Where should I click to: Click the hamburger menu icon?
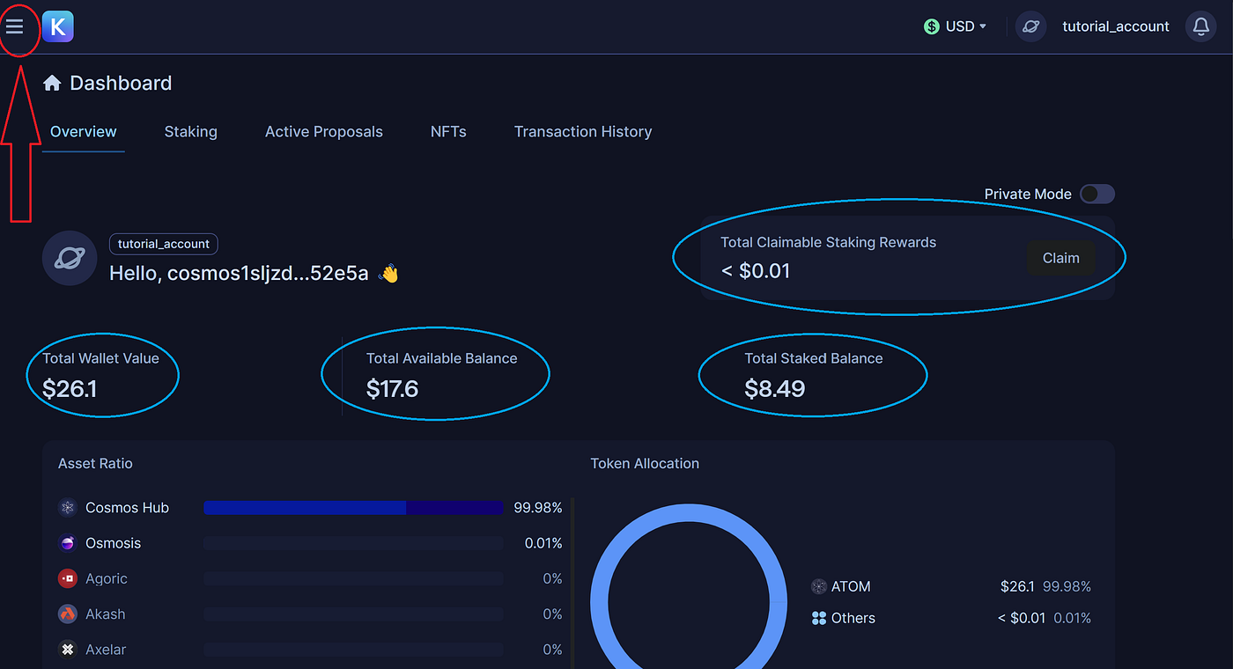(15, 26)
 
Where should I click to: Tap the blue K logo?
(57, 26)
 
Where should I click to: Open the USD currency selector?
(956, 26)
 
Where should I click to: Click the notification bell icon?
(1200, 26)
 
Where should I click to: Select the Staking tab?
(190, 132)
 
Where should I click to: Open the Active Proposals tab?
(323, 132)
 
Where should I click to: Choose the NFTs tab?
(448, 132)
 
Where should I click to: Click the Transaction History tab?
(582, 132)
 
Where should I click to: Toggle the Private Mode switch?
(1097, 194)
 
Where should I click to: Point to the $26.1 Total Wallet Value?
(70, 388)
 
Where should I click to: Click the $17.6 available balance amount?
(392, 388)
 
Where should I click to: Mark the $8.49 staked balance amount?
(774, 388)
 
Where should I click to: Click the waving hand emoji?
(388, 274)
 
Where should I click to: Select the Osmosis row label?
(113, 543)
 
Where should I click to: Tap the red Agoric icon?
(68, 578)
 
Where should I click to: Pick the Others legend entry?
(853, 618)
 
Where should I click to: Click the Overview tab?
(83, 132)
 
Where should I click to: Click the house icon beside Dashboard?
(52, 83)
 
